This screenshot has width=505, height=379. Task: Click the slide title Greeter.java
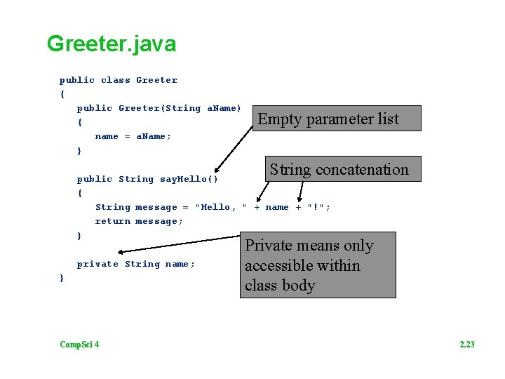point(112,44)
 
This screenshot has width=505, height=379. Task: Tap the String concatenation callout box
point(339,169)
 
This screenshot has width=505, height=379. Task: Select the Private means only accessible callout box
point(318,265)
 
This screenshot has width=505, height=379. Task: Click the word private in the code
point(97,264)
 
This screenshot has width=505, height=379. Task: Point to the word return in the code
point(113,221)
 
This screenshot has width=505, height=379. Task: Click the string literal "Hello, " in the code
point(221,207)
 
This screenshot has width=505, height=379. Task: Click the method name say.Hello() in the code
point(189,179)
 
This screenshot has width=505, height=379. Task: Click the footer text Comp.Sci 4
point(79,344)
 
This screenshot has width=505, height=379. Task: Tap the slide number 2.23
point(466,344)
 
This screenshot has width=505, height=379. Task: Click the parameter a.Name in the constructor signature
point(224,108)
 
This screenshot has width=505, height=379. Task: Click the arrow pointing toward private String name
point(179,244)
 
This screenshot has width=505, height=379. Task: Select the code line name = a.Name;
point(133,136)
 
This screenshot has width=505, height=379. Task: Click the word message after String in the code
point(156,207)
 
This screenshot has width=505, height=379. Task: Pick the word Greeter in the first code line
point(156,80)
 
